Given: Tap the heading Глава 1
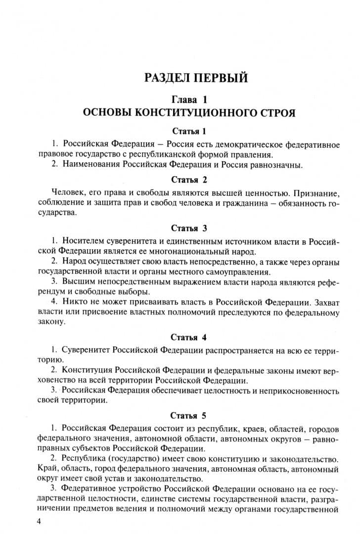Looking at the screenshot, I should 188,99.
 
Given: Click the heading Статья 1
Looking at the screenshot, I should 189,131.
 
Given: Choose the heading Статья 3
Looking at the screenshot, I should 189,228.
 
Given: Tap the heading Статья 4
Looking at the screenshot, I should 189,337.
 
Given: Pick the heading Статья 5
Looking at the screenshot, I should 189,414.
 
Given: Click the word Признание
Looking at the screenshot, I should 314,192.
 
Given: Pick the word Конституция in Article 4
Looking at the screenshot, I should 87,370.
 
